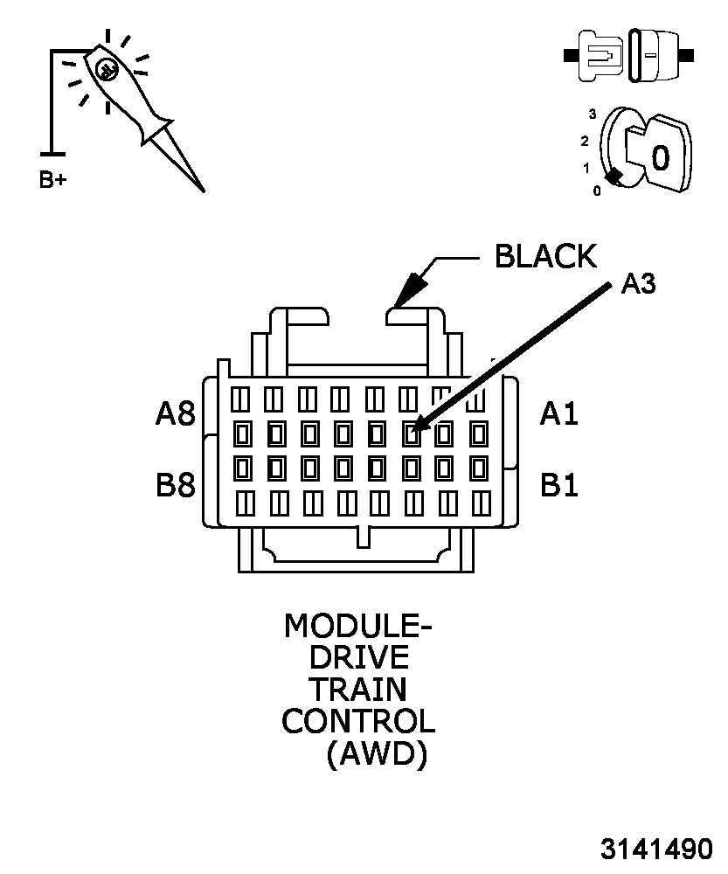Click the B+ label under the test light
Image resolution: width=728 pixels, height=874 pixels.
click(x=52, y=181)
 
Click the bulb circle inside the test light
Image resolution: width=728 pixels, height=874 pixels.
click(x=106, y=68)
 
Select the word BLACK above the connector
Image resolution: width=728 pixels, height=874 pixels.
click(x=545, y=256)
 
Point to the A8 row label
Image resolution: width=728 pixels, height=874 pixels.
click(x=175, y=413)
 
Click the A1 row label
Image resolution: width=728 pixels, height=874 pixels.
click(x=558, y=413)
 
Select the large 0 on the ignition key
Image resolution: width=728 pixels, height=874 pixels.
click(x=661, y=157)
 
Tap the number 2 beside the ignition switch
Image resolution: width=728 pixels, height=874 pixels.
click(x=585, y=141)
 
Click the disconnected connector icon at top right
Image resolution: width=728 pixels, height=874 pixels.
click(x=629, y=56)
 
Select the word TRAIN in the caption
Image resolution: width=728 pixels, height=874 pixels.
click(x=358, y=690)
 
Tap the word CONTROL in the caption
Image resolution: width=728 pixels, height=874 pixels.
click(x=358, y=721)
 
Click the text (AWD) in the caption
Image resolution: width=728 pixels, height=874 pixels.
click(x=376, y=753)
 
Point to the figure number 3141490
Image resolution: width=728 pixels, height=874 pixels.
click(x=655, y=850)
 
